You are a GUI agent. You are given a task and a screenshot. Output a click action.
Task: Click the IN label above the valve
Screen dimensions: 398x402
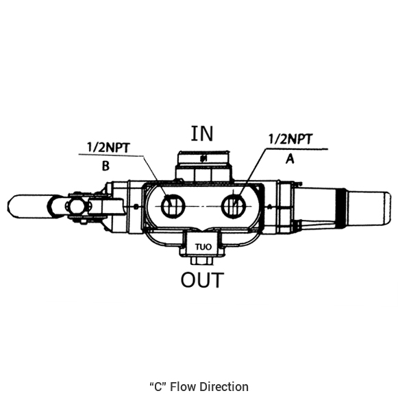[x=202, y=134]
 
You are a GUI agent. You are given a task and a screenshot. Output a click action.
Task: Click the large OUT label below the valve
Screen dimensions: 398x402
[x=202, y=279]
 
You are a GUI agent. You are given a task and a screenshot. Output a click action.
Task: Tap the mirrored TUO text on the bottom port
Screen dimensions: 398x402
[x=203, y=247]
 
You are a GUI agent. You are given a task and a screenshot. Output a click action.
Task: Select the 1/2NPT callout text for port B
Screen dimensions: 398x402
[x=108, y=147]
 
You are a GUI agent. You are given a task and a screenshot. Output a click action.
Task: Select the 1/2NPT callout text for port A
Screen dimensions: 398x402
[x=290, y=139]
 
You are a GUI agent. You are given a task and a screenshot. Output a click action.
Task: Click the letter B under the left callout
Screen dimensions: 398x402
[x=105, y=166]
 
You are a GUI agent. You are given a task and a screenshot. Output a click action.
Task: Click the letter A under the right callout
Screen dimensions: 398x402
[x=290, y=159]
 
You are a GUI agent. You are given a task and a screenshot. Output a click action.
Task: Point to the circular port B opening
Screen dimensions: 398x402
[x=173, y=206]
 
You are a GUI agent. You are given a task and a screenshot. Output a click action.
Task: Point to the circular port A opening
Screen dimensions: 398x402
[x=234, y=206]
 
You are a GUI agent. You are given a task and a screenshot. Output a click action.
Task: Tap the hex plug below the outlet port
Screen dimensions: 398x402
[x=202, y=261]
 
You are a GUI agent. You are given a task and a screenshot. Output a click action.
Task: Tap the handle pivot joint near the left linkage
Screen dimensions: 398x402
[x=75, y=206]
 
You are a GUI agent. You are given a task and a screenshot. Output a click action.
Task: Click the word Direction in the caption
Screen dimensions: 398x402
[x=224, y=387]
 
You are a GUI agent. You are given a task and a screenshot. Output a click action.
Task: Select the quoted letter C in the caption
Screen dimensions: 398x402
[x=158, y=387]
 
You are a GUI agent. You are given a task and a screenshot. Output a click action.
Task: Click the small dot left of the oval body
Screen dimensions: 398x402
[x=136, y=206]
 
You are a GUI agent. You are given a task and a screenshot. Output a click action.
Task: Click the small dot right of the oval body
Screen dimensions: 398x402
[x=270, y=206]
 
